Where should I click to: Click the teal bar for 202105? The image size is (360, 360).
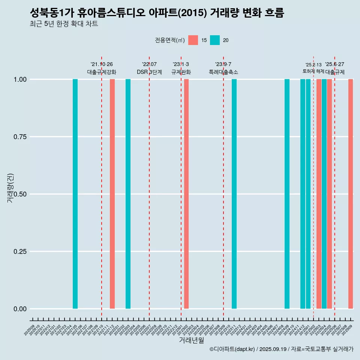pyautogui.click(x=75, y=194)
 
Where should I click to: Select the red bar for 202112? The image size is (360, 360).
pyautogui.click(x=112, y=194)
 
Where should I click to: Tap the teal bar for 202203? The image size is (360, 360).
pyautogui.click(x=128, y=194)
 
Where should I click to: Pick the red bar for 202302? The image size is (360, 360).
pyautogui.click(x=186, y=194)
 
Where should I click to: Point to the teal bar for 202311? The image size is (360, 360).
pyautogui.click(x=234, y=194)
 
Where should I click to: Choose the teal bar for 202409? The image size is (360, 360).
pyautogui.click(x=287, y=194)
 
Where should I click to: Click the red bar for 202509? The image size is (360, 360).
pyautogui.click(x=351, y=194)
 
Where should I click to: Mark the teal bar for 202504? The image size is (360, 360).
pyautogui.click(x=324, y=194)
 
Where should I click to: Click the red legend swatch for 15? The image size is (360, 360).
pyautogui.click(x=193, y=40)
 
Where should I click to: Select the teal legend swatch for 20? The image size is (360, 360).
pyautogui.click(x=215, y=40)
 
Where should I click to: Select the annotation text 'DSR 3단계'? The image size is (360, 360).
pyautogui.click(x=149, y=72)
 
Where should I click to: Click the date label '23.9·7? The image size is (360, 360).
pyautogui.click(x=223, y=64)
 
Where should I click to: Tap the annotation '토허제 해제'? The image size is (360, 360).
pyautogui.click(x=313, y=71)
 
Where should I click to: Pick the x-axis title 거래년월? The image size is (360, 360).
pyautogui.click(x=192, y=340)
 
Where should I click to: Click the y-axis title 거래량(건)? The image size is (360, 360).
pyautogui.click(x=10, y=187)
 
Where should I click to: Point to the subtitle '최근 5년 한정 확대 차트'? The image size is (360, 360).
pyautogui.click(x=64, y=24)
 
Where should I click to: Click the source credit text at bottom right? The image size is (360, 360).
pyautogui.click(x=281, y=349)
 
